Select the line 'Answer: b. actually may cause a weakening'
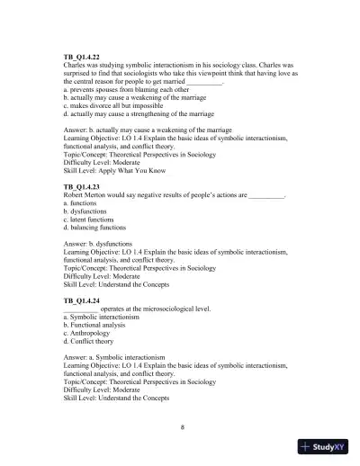145,131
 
